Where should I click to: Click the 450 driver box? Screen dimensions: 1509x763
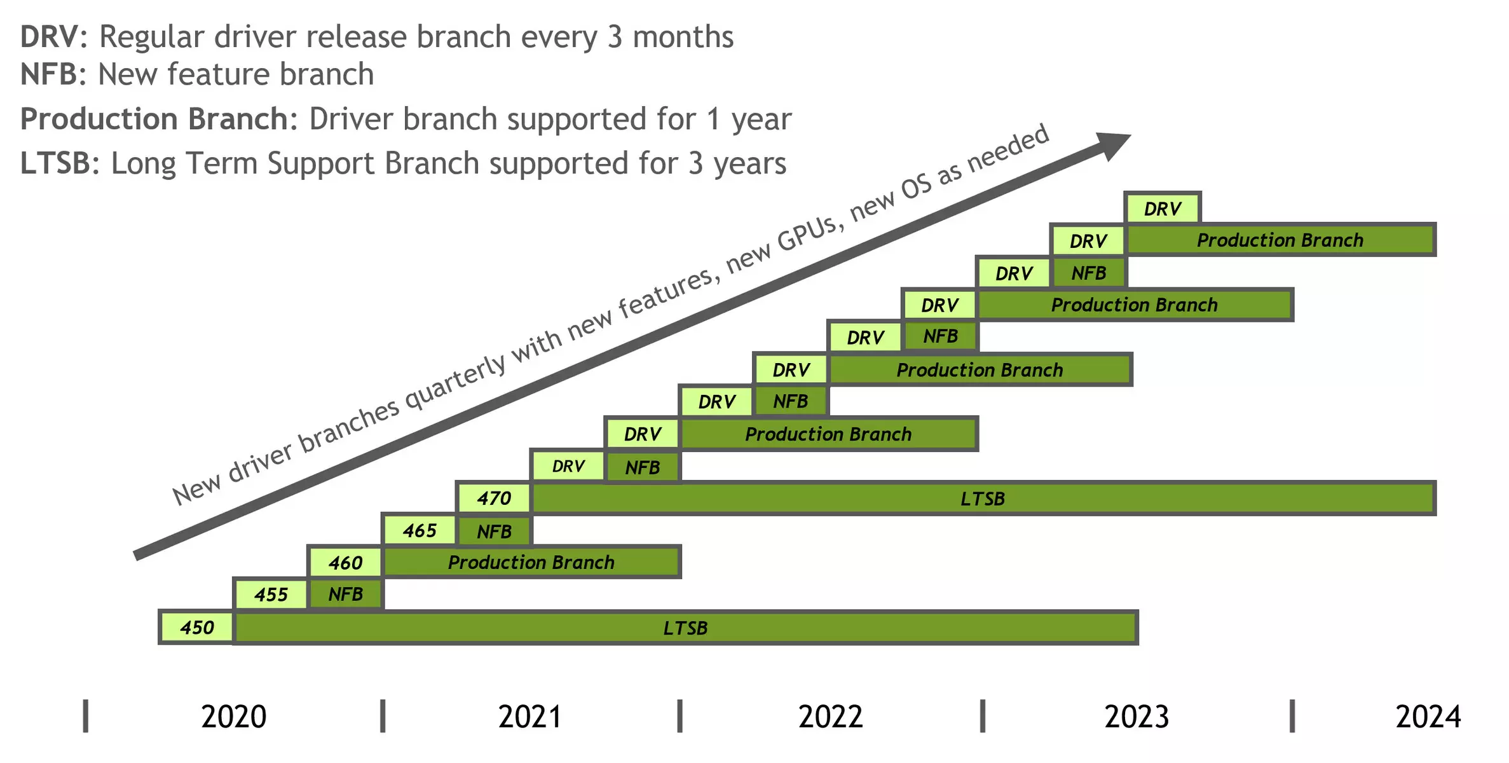(x=196, y=628)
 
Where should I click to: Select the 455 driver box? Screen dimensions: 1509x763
(x=271, y=595)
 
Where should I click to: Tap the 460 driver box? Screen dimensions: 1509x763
(x=345, y=562)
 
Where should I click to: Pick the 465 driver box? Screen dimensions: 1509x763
(x=420, y=530)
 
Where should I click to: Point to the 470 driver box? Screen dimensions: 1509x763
(x=494, y=498)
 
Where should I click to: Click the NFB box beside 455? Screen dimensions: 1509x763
(x=346, y=595)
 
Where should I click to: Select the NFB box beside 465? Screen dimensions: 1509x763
(x=495, y=531)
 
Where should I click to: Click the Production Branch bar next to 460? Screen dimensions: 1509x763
(x=531, y=562)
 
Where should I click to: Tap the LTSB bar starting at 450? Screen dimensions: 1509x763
(x=685, y=628)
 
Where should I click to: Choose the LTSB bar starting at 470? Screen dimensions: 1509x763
(x=983, y=498)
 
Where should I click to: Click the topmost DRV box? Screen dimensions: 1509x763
(x=1163, y=208)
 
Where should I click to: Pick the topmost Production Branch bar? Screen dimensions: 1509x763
(x=1280, y=240)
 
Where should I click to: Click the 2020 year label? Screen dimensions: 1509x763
(x=234, y=717)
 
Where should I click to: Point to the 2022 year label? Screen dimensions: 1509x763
(x=831, y=717)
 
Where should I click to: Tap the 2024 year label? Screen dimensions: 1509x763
(x=1428, y=717)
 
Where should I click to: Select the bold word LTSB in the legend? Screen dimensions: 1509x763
(x=56, y=163)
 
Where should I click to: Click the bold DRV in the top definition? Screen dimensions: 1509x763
(x=50, y=37)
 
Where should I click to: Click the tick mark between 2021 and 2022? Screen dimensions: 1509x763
(x=679, y=716)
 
